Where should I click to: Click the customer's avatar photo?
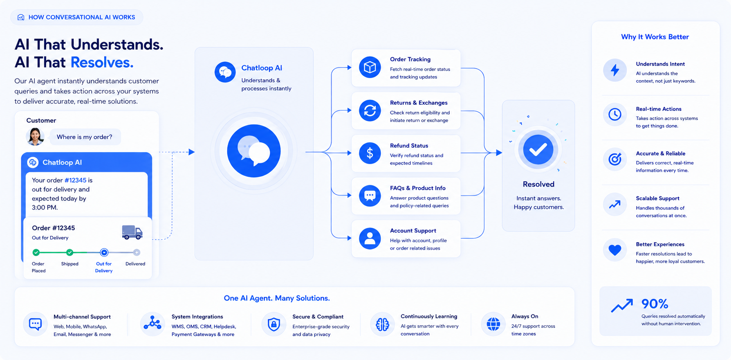tap(35, 137)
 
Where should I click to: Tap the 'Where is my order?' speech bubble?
tap(85, 137)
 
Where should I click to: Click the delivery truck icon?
tap(132, 232)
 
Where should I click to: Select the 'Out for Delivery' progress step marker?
tap(104, 252)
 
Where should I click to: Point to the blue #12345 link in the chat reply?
tap(76, 180)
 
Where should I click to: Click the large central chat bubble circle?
tap(254, 151)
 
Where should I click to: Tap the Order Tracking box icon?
tap(370, 67)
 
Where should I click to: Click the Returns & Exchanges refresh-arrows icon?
tap(370, 110)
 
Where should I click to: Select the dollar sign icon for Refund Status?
tap(370, 153)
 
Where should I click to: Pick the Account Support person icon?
tap(370, 239)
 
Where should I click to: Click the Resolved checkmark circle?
tap(538, 150)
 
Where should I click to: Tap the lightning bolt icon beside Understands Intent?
tap(615, 70)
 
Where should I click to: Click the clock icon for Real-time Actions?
tap(615, 115)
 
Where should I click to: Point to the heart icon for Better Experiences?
tap(615, 250)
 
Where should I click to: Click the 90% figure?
tap(655, 304)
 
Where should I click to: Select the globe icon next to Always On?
tap(493, 324)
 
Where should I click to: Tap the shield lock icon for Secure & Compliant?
tap(274, 324)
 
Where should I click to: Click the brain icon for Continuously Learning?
tap(383, 324)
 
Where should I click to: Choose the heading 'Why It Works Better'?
tap(655, 37)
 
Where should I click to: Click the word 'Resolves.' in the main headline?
tap(102, 62)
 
